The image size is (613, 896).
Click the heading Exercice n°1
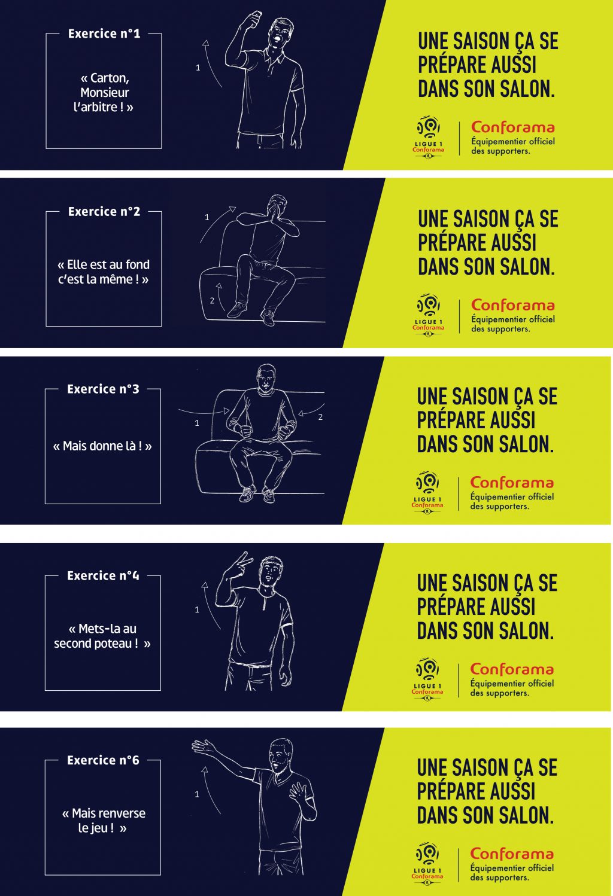coord(104,33)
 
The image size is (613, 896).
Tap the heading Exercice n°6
coord(103,760)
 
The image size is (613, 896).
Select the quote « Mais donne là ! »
coord(102,446)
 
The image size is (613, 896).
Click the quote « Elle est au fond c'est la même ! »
coord(104,272)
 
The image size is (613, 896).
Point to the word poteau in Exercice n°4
coord(115,644)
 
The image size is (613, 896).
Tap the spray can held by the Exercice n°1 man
coord(253,19)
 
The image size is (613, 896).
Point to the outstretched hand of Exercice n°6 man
coord(204,746)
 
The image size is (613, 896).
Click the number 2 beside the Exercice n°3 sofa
coord(320,417)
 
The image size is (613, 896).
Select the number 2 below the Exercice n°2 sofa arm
coord(212,300)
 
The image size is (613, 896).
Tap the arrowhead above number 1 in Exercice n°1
coord(206,43)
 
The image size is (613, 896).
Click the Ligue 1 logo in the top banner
coord(428,136)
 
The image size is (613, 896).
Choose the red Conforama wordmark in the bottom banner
coord(512,854)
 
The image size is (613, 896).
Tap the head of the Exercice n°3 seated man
coord(266,378)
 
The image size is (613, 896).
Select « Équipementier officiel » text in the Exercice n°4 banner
coord(512,684)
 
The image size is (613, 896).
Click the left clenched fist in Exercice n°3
coord(245,431)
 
